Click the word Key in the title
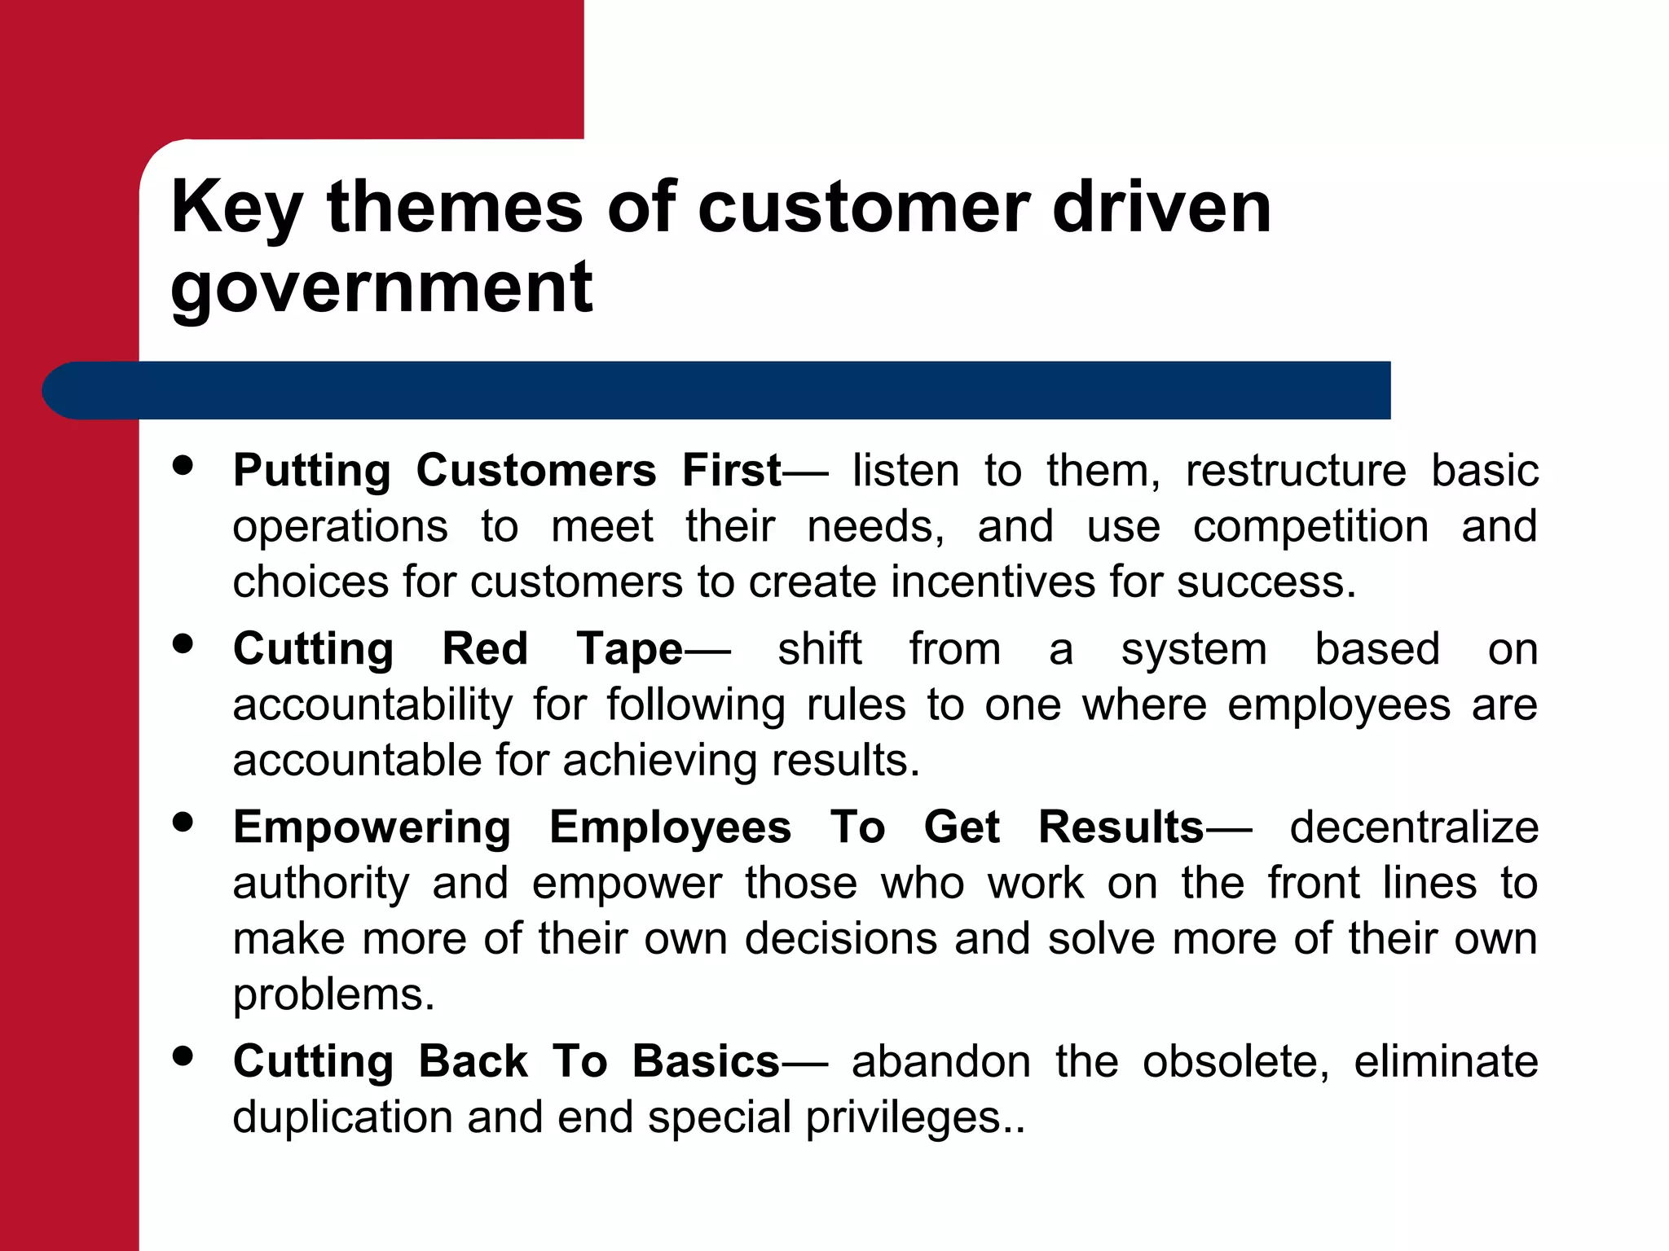(237, 208)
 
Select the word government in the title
(381, 288)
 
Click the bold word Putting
(312, 472)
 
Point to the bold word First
(732, 471)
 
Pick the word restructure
(1296, 471)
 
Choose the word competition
(1310, 526)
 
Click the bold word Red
(485, 649)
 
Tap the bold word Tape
(629, 649)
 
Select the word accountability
(372, 705)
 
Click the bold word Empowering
(372, 827)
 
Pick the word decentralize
(1414, 827)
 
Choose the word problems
(333, 995)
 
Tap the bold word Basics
(706, 1061)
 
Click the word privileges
(905, 1117)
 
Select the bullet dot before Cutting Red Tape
(183, 644)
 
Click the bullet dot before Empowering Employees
(183, 823)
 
